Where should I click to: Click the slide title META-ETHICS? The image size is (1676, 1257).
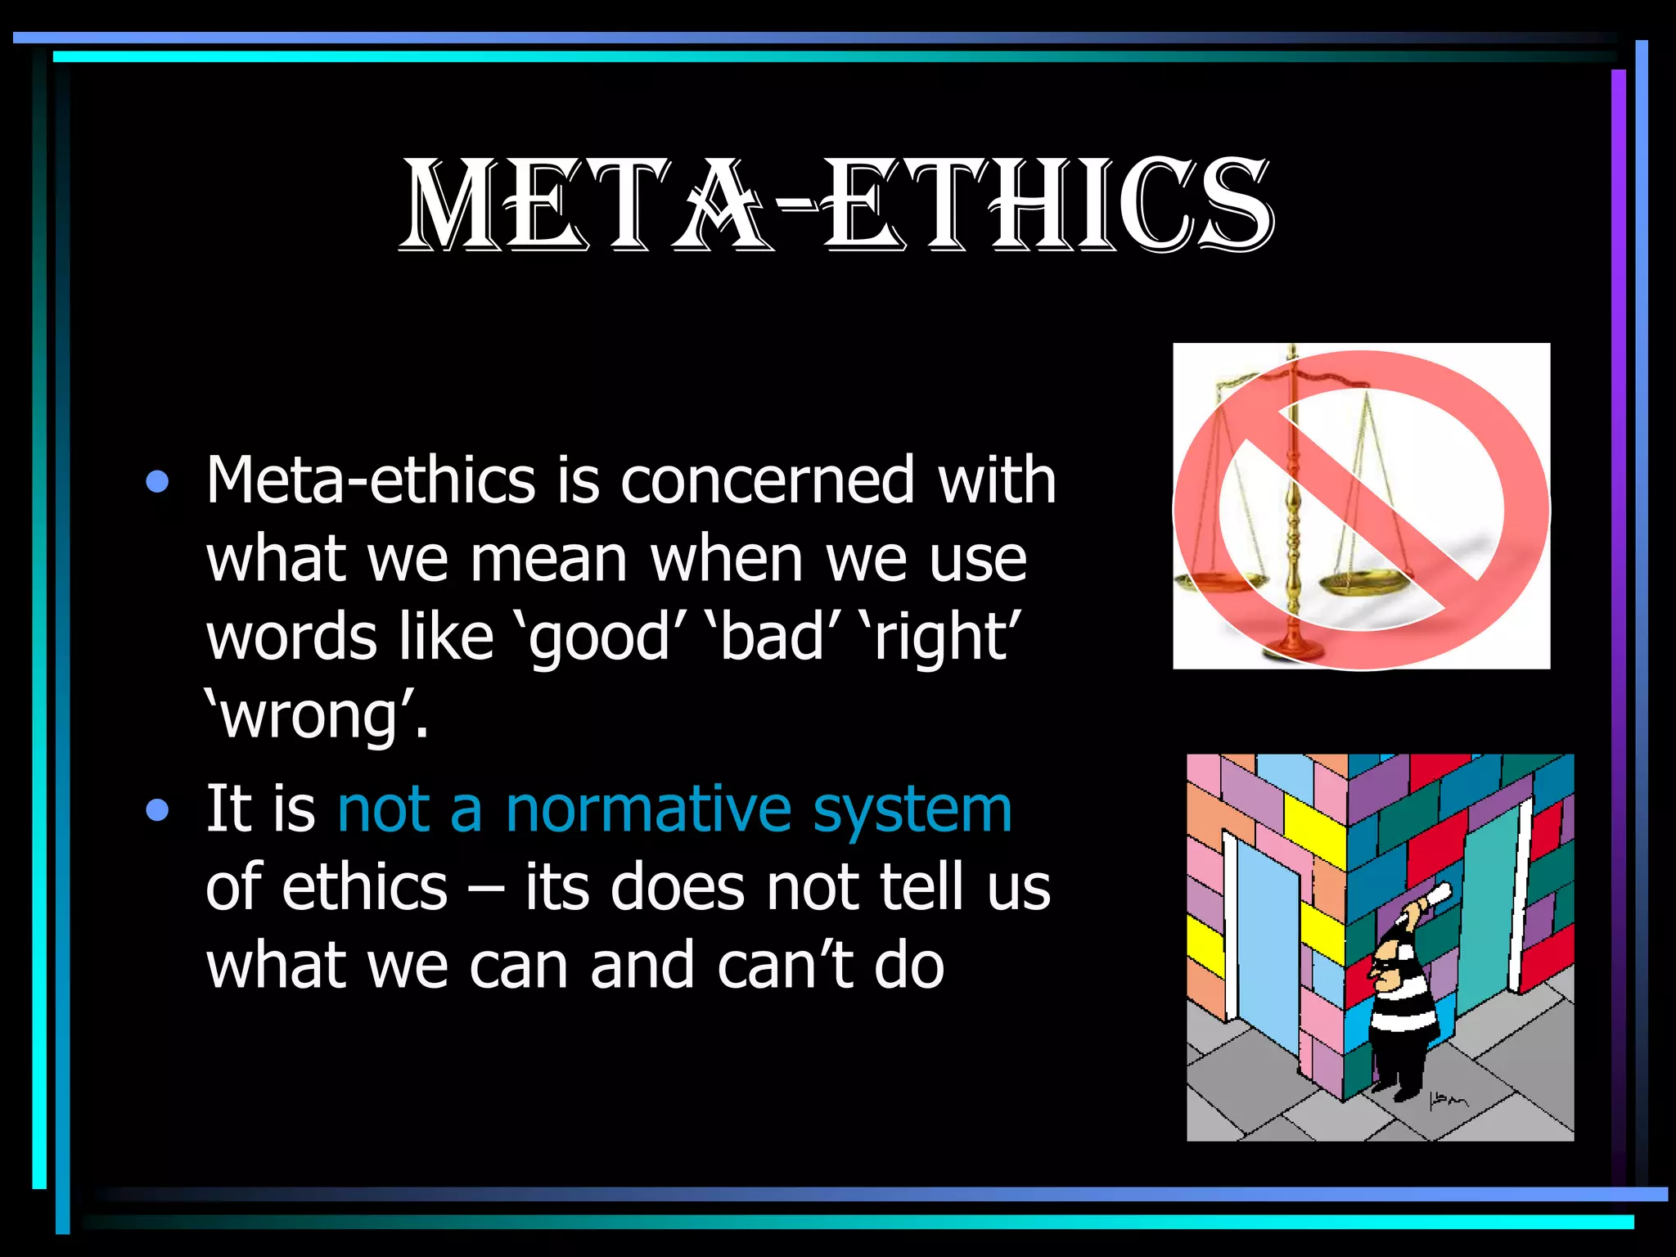836,205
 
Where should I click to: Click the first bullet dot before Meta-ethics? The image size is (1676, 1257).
157,481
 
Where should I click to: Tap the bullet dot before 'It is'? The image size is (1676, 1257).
157,810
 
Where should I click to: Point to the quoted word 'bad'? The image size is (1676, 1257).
773,638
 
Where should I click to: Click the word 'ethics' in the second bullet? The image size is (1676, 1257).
365,887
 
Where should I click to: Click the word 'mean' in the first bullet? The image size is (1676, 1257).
548,560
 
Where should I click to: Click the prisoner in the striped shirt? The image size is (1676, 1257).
1401,1007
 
